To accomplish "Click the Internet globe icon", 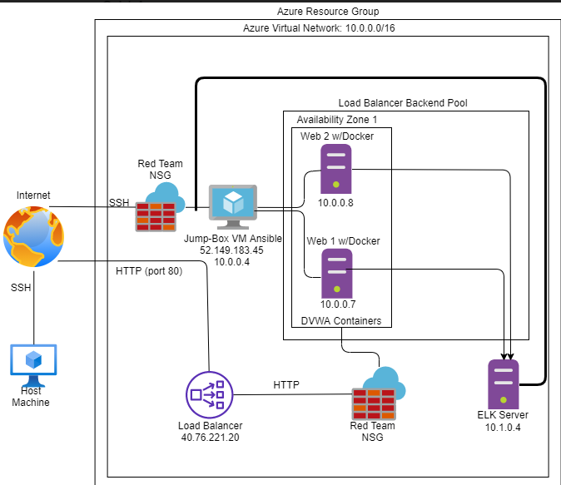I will pos(32,237).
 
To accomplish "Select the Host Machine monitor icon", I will pos(33,363).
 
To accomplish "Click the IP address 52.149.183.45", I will pos(232,250).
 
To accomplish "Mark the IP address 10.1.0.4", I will pos(504,427).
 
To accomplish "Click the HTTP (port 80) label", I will pos(149,271).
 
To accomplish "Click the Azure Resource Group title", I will pos(328,11).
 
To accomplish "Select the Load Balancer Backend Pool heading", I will pos(403,102).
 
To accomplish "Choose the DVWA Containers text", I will pos(340,320).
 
